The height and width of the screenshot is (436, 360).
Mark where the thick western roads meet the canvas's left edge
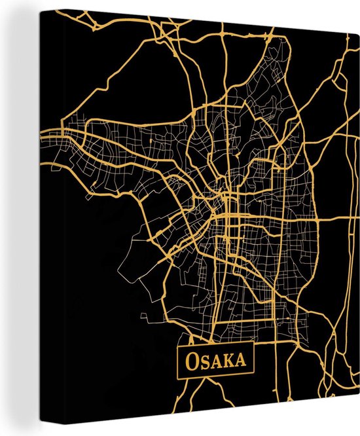pyautogui.click(x=41, y=135)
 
